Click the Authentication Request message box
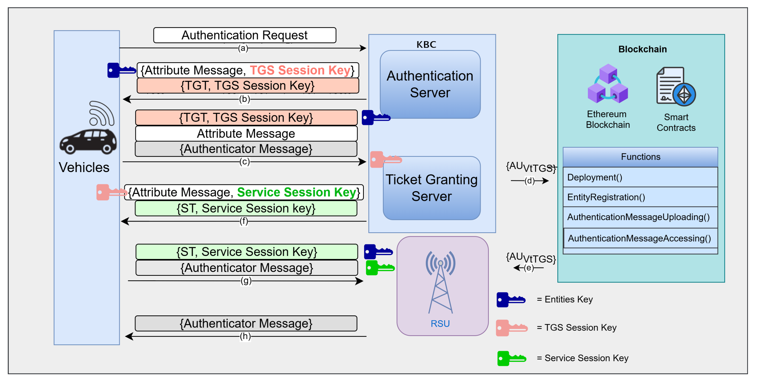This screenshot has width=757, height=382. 245,35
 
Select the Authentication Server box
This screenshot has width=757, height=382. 430,84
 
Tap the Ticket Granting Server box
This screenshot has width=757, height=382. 431,188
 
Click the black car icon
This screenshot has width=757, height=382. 88,141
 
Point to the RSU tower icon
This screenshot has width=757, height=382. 440,282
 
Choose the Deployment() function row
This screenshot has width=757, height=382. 640,177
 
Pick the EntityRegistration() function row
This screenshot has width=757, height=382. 640,197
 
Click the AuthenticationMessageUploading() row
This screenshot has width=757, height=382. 640,217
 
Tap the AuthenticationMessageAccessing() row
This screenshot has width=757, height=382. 640,238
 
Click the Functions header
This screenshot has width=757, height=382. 640,157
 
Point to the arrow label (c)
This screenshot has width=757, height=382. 245,162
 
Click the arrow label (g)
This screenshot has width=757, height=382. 246,281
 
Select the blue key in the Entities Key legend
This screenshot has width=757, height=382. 511,300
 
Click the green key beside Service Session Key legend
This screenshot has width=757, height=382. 511,358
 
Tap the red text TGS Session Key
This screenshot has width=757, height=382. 300,70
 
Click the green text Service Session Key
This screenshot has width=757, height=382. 297,192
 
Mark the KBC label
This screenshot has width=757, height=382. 426,45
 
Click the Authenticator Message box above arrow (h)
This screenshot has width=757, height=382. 246,323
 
